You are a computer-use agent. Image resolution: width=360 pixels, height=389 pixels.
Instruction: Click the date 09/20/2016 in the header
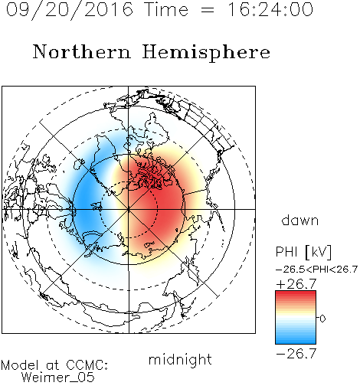(x=70, y=10)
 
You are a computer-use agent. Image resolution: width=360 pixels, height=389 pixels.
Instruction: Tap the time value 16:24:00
(x=270, y=9)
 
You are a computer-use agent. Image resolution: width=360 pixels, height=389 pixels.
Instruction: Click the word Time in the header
(x=166, y=9)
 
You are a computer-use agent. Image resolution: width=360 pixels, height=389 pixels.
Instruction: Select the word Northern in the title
(x=81, y=51)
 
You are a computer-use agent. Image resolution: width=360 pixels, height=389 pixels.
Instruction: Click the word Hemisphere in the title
(x=206, y=53)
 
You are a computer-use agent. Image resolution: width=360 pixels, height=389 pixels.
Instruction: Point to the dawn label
(x=300, y=220)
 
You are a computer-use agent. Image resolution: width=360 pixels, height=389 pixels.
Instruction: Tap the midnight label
(x=180, y=360)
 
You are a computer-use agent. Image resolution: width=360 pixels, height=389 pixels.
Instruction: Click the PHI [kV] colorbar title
(x=303, y=252)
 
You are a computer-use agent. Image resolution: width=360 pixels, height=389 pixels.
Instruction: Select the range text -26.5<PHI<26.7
(x=316, y=270)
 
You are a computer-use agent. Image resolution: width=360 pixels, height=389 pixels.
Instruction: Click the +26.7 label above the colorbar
(x=296, y=284)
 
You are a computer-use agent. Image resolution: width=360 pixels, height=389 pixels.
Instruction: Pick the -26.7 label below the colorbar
(x=296, y=354)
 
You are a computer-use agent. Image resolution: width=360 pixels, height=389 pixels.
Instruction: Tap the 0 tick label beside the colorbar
(x=322, y=319)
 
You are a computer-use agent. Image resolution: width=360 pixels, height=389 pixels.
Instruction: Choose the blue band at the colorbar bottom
(x=296, y=339)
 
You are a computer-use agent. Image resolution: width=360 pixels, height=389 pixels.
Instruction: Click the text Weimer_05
(x=58, y=378)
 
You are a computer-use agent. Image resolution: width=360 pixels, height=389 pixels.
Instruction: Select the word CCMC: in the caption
(x=87, y=365)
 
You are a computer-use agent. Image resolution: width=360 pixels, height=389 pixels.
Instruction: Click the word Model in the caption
(x=20, y=365)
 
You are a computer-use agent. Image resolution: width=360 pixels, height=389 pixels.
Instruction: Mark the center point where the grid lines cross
(x=129, y=209)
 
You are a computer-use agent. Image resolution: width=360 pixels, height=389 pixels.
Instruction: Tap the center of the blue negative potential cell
(x=87, y=204)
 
